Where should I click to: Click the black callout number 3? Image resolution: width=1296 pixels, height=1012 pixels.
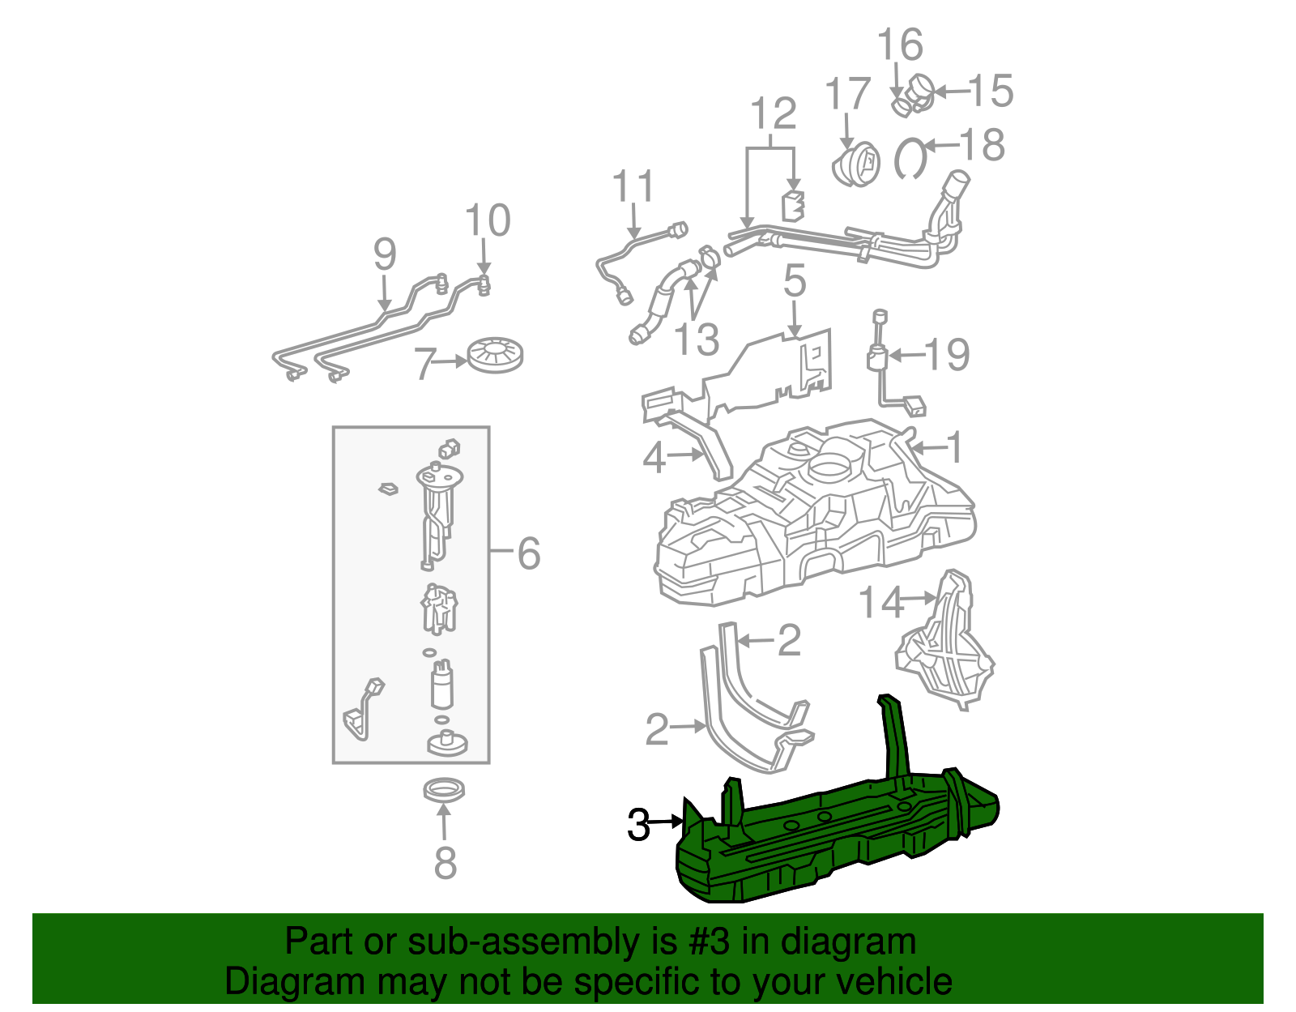click(638, 825)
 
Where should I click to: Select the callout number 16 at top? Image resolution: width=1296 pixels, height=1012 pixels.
click(900, 45)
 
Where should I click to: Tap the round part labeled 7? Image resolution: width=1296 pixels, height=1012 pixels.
click(495, 354)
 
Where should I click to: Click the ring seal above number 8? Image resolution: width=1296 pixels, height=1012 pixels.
click(445, 790)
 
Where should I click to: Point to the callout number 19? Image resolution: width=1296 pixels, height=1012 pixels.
click(947, 355)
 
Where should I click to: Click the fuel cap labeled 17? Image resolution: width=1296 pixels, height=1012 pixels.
click(856, 164)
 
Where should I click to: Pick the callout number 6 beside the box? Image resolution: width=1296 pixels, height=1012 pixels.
click(528, 554)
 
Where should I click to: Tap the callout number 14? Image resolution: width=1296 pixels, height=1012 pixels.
click(880, 603)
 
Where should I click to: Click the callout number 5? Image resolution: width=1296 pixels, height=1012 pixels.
click(795, 281)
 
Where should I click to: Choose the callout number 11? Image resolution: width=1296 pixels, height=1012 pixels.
click(633, 187)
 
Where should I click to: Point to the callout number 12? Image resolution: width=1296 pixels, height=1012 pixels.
click(774, 114)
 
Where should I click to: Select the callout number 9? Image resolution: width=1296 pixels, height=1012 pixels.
click(385, 254)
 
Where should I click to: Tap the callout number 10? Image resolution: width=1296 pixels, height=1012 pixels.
click(488, 220)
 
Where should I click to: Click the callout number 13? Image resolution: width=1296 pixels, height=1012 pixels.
click(697, 339)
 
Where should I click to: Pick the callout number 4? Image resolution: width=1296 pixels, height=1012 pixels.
click(654, 458)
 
